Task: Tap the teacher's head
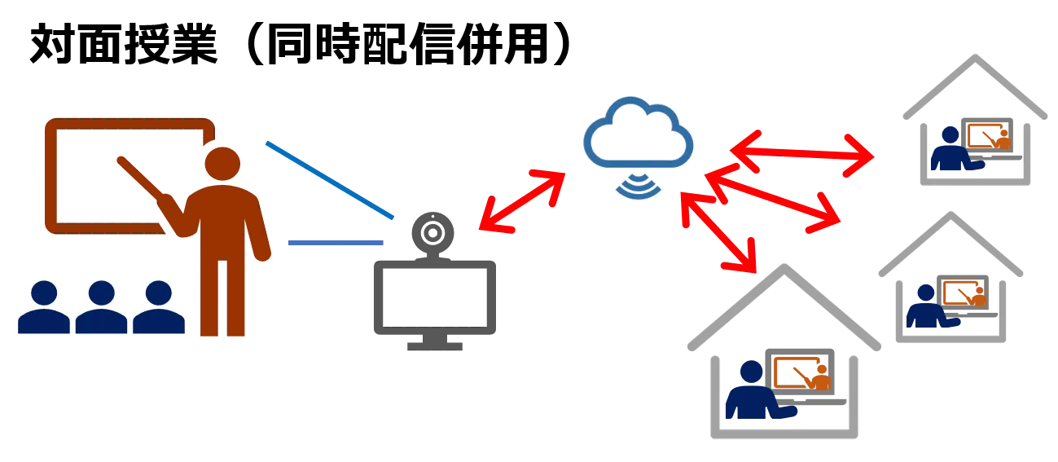pyautogui.click(x=222, y=166)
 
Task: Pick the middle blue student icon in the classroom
pyautogui.click(x=101, y=307)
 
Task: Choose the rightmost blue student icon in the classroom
pyautogui.click(x=158, y=307)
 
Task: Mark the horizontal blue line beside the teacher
pyautogui.click(x=335, y=242)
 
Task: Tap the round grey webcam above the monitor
pyautogui.click(x=432, y=229)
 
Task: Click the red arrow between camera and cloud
pyautogui.click(x=521, y=201)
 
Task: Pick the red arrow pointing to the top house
pyautogui.click(x=802, y=152)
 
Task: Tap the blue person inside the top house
pyautogui.click(x=949, y=150)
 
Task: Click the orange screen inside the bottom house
pyautogui.click(x=802, y=373)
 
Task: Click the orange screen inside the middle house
pyautogui.click(x=964, y=292)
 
